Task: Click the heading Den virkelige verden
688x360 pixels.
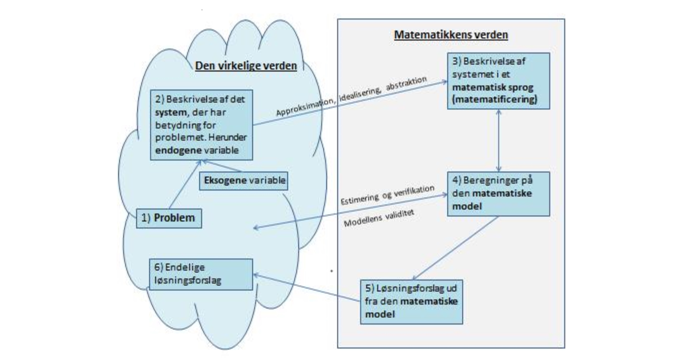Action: tap(246, 66)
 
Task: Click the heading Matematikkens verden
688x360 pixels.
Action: tap(451, 35)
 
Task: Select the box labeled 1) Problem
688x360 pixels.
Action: tap(169, 218)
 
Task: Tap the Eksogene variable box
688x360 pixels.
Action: tap(244, 180)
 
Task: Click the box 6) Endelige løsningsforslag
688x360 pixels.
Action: tap(201, 274)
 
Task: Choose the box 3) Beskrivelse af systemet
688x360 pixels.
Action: tap(498, 81)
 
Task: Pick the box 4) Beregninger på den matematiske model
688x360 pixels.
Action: tap(498, 193)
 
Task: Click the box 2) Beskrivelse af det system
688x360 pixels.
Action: tap(201, 124)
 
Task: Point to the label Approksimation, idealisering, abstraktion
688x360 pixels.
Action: tap(351, 96)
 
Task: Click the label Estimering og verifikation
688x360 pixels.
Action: tap(387, 195)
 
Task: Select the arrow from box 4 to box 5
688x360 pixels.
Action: tap(455, 248)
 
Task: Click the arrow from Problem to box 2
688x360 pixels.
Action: tap(185, 184)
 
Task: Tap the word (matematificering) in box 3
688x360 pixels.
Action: tap(494, 99)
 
